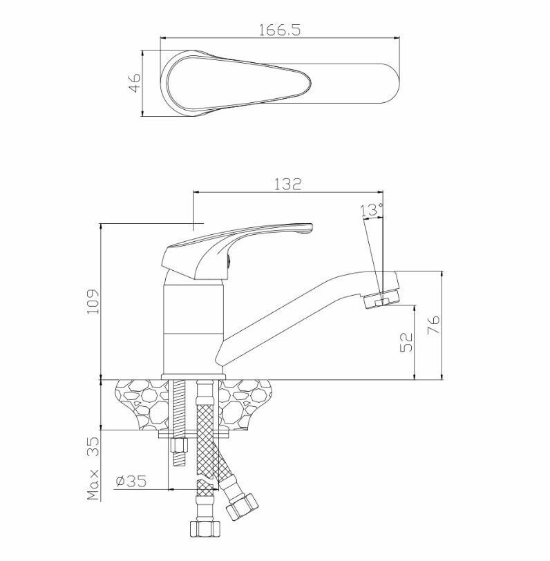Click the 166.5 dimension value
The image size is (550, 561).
279,30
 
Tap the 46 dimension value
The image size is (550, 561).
135,83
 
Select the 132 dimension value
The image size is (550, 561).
288,184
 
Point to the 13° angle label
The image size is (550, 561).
372,210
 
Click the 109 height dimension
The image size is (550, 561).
93,301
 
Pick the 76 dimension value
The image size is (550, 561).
434,325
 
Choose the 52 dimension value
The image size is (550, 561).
406,343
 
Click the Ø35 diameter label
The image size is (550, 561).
131,482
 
